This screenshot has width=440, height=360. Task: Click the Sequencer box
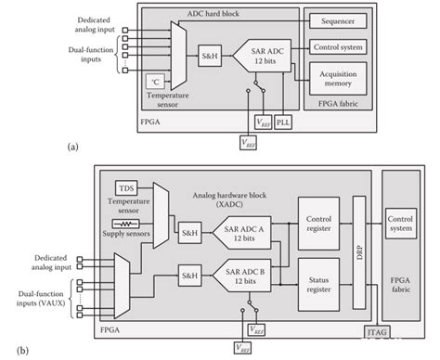coord(338,21)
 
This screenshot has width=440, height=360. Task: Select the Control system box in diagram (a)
coord(338,47)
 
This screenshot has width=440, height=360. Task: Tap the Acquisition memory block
coord(338,79)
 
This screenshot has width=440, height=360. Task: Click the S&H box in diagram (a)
coord(210,56)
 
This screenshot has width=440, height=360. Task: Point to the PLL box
coord(283,122)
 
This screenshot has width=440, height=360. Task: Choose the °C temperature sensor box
coord(155,82)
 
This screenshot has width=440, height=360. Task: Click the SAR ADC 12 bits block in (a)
coord(263,56)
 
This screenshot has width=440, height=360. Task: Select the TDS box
coord(126,188)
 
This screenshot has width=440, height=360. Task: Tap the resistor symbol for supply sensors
coord(125,224)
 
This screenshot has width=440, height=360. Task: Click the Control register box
coord(318,224)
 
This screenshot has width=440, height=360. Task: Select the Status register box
coord(318,285)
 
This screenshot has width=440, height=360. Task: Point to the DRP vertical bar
coord(359,252)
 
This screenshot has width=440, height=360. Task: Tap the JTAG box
coord(377,332)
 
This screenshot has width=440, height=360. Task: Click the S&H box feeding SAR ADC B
coord(189,276)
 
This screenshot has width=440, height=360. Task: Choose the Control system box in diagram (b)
coord(401,224)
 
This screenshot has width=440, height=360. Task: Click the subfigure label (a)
coord(72,147)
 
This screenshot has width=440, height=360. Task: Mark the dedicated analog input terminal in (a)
coord(125,30)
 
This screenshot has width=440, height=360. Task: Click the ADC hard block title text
coord(213,14)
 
